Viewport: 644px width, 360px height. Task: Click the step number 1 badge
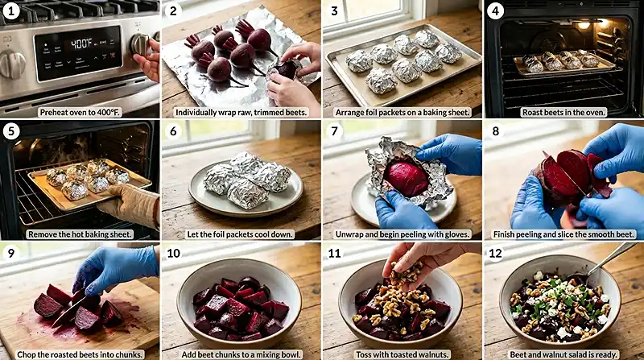pyautogui.click(x=11, y=10)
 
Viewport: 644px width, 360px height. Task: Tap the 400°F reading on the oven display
pyautogui.click(x=82, y=43)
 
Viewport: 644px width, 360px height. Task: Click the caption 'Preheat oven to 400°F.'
pyautogui.click(x=80, y=112)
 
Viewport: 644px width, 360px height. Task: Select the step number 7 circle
pyautogui.click(x=334, y=131)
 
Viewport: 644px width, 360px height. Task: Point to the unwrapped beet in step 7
pyautogui.click(x=407, y=179)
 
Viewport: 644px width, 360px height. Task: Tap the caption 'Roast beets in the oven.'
pyautogui.click(x=564, y=112)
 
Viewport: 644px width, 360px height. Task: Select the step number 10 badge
pyautogui.click(x=173, y=253)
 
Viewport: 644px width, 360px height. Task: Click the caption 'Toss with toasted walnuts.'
pyautogui.click(x=402, y=354)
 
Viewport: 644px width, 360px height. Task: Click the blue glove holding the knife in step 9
pyautogui.click(x=115, y=269)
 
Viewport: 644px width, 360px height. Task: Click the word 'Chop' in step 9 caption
pyautogui.click(x=26, y=354)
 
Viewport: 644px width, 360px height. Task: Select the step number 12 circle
pyautogui.click(x=495, y=253)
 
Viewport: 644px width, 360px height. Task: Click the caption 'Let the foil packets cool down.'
pyautogui.click(x=241, y=234)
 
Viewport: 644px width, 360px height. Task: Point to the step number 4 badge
pyautogui.click(x=495, y=10)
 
